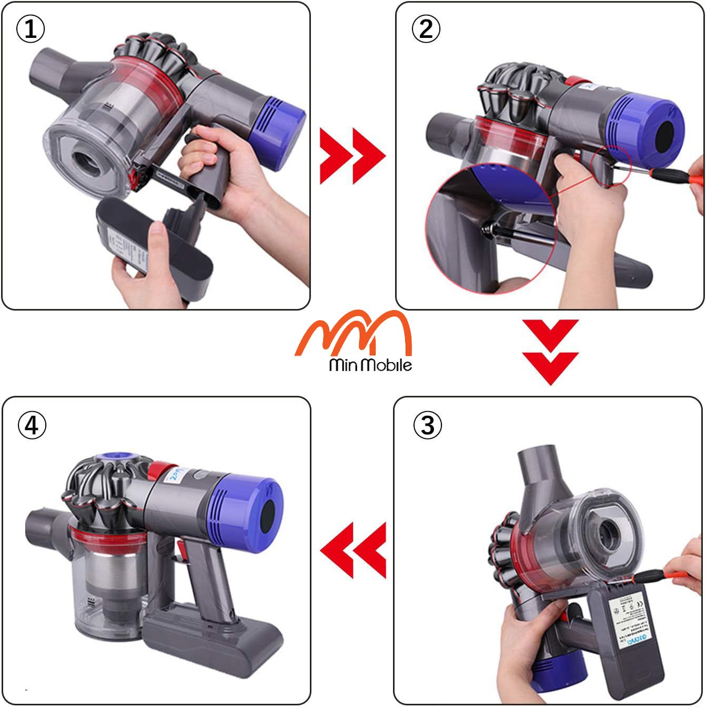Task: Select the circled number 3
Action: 428,424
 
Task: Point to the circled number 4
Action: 32,424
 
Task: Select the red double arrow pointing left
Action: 353,551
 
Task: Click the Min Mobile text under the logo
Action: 370,365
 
